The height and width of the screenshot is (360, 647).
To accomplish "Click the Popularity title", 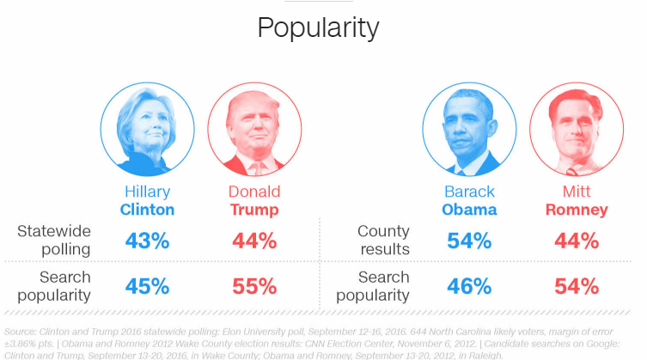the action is (x=318, y=28).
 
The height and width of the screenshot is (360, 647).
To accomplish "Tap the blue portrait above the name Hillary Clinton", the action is (x=147, y=130).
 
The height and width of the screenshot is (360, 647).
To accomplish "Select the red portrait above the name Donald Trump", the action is (x=254, y=130).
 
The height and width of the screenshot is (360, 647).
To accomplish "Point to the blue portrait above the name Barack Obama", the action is (x=469, y=130).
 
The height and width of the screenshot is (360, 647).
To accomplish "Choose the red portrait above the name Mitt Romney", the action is (x=577, y=130).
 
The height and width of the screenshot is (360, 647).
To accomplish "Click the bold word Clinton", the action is (x=147, y=210).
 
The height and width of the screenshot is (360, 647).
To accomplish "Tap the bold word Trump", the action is (x=254, y=210).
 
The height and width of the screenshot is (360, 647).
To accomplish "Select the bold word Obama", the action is (x=469, y=210).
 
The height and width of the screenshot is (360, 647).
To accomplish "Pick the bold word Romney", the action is (x=577, y=211).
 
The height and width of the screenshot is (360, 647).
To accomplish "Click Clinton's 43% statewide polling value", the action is (x=147, y=241).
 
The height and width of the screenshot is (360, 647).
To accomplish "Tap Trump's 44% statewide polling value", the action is (x=254, y=241).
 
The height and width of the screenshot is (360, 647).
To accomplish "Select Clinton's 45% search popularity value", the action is (x=147, y=286).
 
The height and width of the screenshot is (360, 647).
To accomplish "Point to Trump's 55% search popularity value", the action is (x=254, y=286).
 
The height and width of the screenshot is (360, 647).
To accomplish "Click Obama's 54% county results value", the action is (x=469, y=241).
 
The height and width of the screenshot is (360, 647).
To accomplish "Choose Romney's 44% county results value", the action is (x=577, y=241).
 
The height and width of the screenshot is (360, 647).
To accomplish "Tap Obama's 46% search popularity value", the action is (x=469, y=286).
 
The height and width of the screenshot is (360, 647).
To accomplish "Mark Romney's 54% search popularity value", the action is (x=577, y=286).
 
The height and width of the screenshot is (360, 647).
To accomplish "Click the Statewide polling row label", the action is (x=54, y=241).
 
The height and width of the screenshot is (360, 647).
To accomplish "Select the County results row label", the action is (x=384, y=241).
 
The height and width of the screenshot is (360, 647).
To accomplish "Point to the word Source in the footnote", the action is (x=21, y=332).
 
